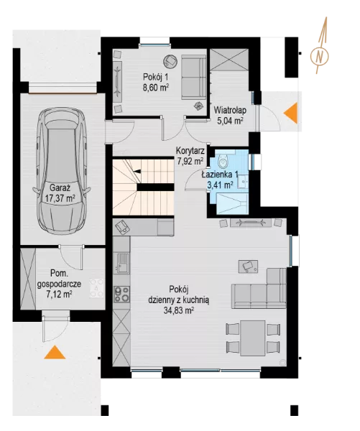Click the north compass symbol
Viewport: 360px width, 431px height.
click(x=319, y=56)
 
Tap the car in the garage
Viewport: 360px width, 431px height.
click(x=61, y=171)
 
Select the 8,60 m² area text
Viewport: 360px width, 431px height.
click(x=156, y=88)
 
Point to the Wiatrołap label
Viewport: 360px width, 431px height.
click(x=230, y=111)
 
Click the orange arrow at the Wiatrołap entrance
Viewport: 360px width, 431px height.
click(x=291, y=113)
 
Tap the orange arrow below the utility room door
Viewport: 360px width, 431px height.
click(x=55, y=352)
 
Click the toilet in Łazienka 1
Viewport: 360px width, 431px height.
click(x=223, y=161)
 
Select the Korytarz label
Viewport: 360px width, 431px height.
click(x=190, y=151)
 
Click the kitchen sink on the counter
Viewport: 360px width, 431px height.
click(x=123, y=263)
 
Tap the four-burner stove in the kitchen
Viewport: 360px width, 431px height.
click(x=121, y=294)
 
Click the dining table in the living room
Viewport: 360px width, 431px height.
click(x=253, y=338)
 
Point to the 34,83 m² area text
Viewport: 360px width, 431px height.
click(x=179, y=310)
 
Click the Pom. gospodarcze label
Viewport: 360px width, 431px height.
click(x=59, y=279)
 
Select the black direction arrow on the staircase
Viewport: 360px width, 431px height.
click(x=137, y=172)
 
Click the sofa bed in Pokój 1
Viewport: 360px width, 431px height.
click(x=194, y=77)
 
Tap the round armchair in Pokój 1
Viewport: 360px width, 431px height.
click(x=170, y=60)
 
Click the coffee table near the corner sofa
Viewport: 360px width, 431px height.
click(x=249, y=266)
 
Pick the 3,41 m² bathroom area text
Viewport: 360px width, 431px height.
click(x=220, y=185)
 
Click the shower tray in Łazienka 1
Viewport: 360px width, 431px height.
click(x=233, y=204)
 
